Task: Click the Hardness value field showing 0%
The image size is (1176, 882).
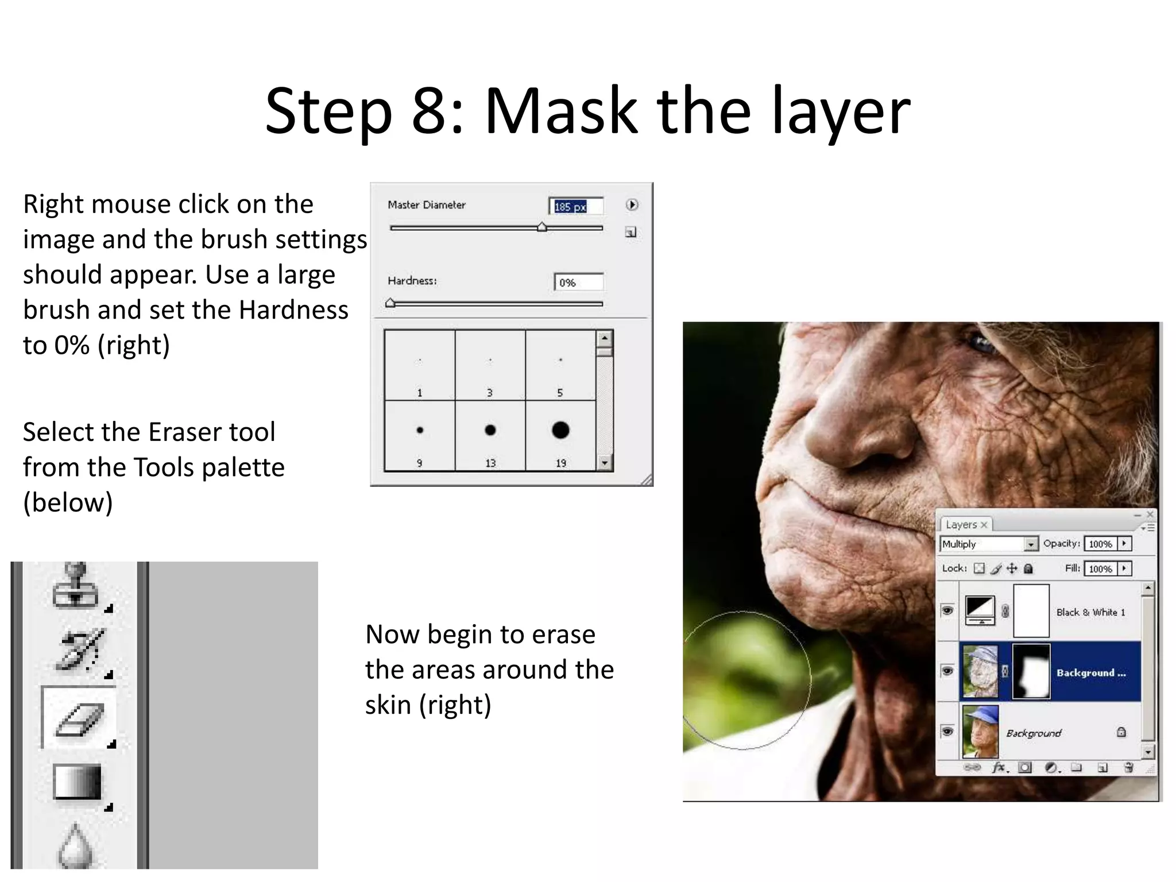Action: tap(578, 283)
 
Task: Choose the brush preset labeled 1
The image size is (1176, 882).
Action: tap(420, 365)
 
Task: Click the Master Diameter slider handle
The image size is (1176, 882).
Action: tap(541, 227)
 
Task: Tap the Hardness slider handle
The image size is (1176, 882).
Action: tap(390, 303)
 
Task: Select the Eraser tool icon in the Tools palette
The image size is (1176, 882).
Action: tap(80, 718)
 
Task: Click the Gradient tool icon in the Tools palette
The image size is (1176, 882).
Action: tap(77, 782)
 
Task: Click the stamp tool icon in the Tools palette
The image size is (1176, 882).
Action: tap(75, 587)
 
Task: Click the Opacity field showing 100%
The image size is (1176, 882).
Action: tap(1100, 544)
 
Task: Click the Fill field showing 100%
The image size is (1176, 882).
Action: tap(1100, 569)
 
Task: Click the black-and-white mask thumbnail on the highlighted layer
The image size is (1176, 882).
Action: tap(1031, 671)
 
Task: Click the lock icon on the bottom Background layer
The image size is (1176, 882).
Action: tap(1121, 732)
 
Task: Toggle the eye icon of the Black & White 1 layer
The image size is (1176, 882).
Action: tap(947, 610)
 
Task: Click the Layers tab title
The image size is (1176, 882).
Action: tap(961, 525)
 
